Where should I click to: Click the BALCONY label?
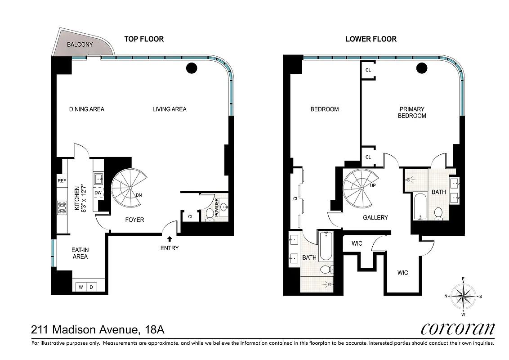click(x=80, y=45)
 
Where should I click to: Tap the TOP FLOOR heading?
click(x=144, y=39)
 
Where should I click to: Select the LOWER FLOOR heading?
click(x=371, y=39)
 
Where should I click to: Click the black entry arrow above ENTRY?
click(x=170, y=239)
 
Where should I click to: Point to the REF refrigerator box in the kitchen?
click(x=62, y=181)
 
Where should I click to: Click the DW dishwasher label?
click(x=98, y=193)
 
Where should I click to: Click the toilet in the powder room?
click(x=209, y=216)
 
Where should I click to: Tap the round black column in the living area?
click(x=192, y=68)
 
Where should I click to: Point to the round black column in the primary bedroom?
click(x=421, y=68)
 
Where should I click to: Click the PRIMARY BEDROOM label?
click(x=413, y=112)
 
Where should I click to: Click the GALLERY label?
click(x=375, y=217)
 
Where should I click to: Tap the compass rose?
click(x=463, y=296)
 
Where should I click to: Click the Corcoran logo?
click(x=457, y=329)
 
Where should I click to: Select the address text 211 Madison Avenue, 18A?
click(x=98, y=330)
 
